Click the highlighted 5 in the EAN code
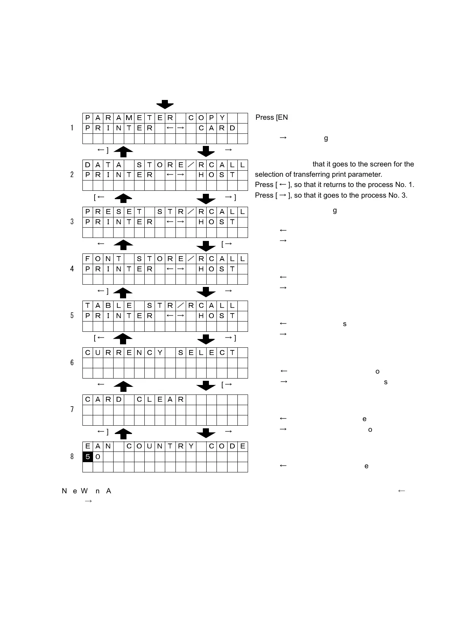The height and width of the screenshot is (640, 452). [x=88, y=457]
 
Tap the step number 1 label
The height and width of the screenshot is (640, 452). [x=72, y=128]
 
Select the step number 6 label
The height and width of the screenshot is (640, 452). [x=72, y=363]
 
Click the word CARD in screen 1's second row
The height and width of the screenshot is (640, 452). [x=217, y=128]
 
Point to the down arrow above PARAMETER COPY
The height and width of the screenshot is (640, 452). [x=165, y=105]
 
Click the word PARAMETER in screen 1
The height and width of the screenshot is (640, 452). [x=129, y=118]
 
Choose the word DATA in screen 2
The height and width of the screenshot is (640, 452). [x=103, y=165]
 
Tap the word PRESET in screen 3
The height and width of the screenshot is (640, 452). [x=113, y=212]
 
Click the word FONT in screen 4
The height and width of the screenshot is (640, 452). [x=103, y=259]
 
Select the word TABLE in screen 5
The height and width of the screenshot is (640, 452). [x=108, y=306]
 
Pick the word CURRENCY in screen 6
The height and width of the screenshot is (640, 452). [x=124, y=353]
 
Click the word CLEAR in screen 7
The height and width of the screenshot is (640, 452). [x=160, y=400]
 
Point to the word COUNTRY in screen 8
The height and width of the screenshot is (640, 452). [x=160, y=447]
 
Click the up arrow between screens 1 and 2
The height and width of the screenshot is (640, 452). [x=123, y=152]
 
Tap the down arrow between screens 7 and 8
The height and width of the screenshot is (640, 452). [x=206, y=433]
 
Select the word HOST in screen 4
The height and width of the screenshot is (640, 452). [x=217, y=269]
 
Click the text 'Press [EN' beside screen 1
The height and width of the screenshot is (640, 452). [x=272, y=117]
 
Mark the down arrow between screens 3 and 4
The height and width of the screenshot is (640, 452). [x=206, y=246]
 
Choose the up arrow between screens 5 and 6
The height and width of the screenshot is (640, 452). [x=123, y=339]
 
